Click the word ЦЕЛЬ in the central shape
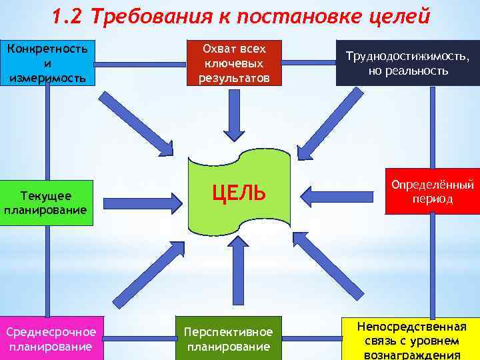[239, 194]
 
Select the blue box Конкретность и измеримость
[47, 63]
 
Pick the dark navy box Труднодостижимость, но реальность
[407, 64]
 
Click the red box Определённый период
[432, 191]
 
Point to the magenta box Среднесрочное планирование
[51, 338]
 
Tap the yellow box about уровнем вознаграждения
[411, 340]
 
